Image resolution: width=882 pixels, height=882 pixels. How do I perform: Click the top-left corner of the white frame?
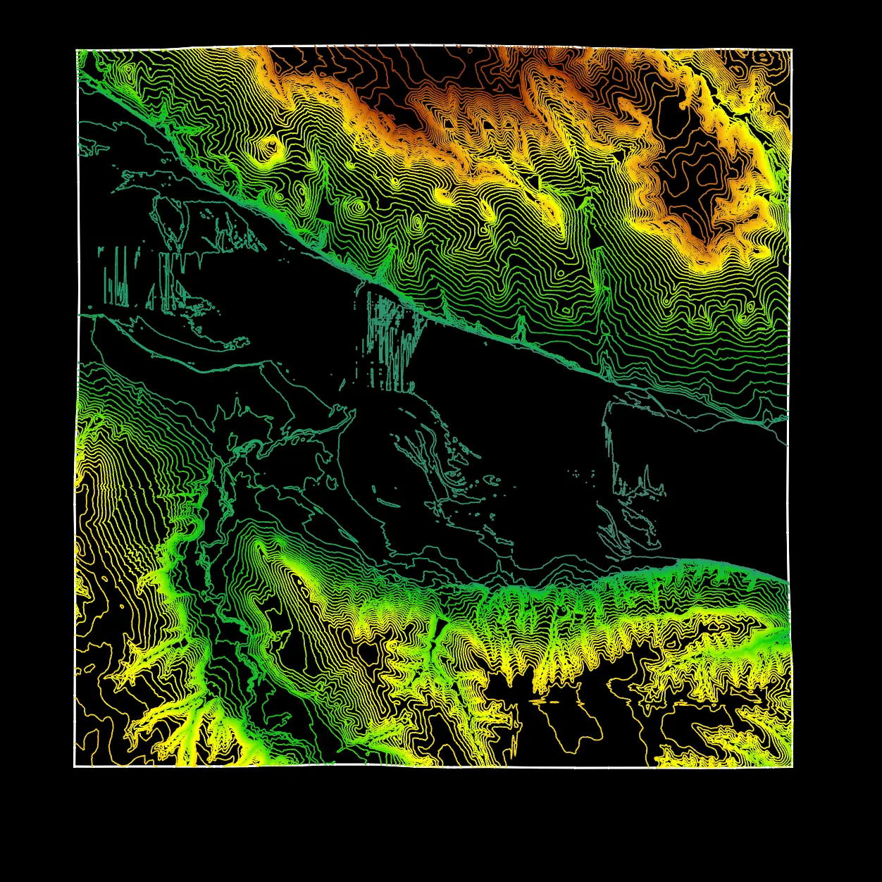(77, 50)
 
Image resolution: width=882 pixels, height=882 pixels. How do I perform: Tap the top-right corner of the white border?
(792, 49)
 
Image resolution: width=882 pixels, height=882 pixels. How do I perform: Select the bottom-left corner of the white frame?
(75, 766)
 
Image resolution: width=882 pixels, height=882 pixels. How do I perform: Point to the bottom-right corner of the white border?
(792, 766)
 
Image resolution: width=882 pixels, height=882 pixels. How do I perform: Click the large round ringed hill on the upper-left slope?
(270, 146)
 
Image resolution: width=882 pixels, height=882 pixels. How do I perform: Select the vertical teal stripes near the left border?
(116, 278)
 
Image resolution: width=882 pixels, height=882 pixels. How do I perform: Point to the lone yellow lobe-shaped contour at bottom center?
(574, 726)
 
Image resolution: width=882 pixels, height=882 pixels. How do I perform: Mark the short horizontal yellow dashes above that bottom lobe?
(553, 702)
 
